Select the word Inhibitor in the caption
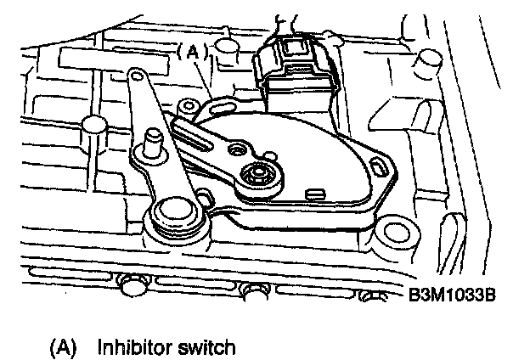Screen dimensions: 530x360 pyautogui.click(x=130, y=347)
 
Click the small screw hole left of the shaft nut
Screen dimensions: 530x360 pyautogui.click(x=235, y=150)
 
